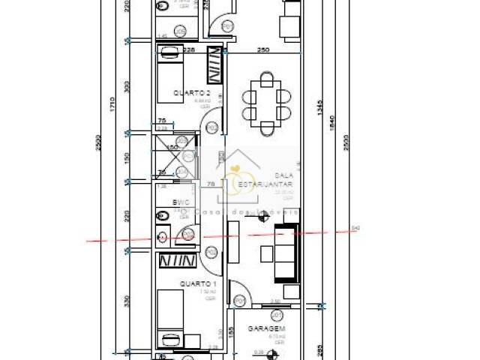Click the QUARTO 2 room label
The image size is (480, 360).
click(191, 93)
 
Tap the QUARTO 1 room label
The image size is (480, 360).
click(198, 284)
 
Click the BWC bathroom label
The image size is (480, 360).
click(181, 202)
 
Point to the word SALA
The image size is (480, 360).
click(283, 173)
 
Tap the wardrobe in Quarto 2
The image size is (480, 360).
click(214, 65)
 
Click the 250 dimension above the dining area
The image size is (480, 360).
click(262, 50)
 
